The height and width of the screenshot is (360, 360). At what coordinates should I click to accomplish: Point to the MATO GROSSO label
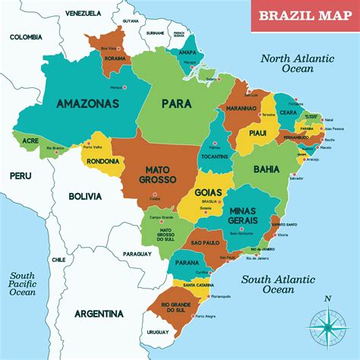pos(158,175)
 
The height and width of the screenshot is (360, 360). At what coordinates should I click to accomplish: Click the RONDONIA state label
pos(102,160)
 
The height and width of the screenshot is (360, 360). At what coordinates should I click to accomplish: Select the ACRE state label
pos(30,141)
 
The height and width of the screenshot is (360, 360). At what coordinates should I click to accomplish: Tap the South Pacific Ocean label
pos(24,283)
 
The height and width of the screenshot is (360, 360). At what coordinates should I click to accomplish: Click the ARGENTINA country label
pos(99,314)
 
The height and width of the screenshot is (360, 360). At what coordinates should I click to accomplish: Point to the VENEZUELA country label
pos(83,14)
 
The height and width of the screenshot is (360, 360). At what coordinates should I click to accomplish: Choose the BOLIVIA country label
pos(85,196)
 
